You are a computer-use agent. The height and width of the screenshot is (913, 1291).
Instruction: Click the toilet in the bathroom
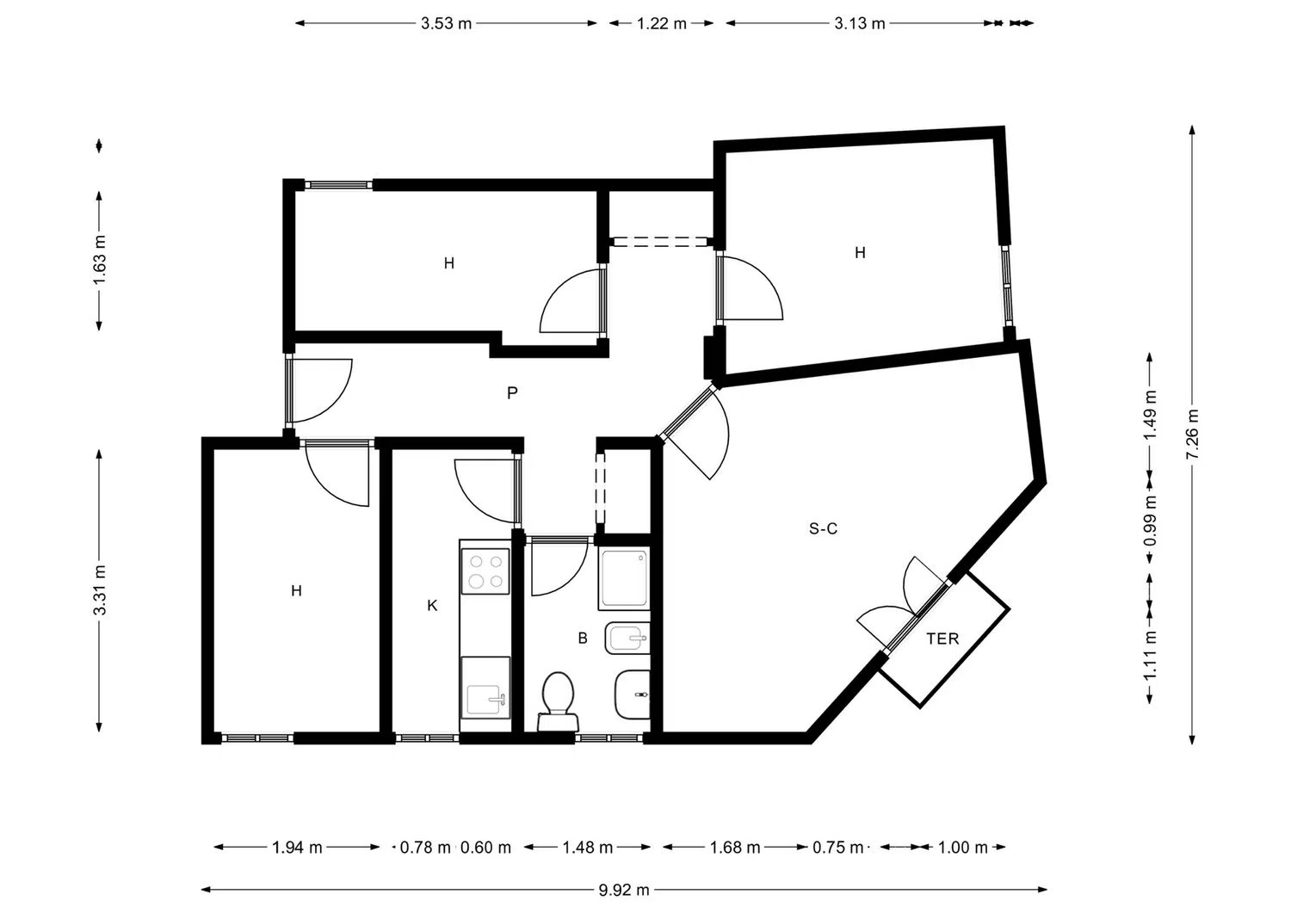pos(558,701)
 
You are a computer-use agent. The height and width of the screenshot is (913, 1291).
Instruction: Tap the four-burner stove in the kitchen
pos(485,571)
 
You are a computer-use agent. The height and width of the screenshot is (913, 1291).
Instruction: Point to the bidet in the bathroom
pos(627,638)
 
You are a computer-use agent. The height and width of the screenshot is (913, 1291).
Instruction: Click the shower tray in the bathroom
pos(625,578)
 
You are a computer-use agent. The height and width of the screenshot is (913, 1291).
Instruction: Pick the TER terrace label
pos(943,638)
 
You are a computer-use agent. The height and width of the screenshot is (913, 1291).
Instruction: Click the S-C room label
pos(823,528)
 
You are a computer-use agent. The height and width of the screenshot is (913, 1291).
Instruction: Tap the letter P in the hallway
pos(512,393)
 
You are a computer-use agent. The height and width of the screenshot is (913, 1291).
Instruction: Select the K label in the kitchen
pos(432,606)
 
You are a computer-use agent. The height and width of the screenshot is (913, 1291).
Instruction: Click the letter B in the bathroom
pos(583,638)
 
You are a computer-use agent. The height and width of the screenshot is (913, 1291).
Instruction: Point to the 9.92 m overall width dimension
pos(624,890)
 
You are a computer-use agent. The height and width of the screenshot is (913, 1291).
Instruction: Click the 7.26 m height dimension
pos(1192,435)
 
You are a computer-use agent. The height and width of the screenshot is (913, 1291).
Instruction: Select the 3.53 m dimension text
pos(446,23)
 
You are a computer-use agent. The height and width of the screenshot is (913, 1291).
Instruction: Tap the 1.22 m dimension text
pos(662,23)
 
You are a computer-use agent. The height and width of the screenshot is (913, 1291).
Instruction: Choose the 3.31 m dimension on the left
pos(100,591)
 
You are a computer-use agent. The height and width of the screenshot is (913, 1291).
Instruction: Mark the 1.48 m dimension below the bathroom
pos(587,848)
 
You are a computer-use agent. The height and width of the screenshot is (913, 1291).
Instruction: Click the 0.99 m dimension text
pos(1151,521)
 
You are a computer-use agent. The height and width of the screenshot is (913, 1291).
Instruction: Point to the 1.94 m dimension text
pos(297,848)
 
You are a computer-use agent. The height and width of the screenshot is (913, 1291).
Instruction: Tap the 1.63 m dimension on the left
pos(100,261)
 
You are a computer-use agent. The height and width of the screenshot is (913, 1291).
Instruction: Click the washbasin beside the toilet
pos(633,694)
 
